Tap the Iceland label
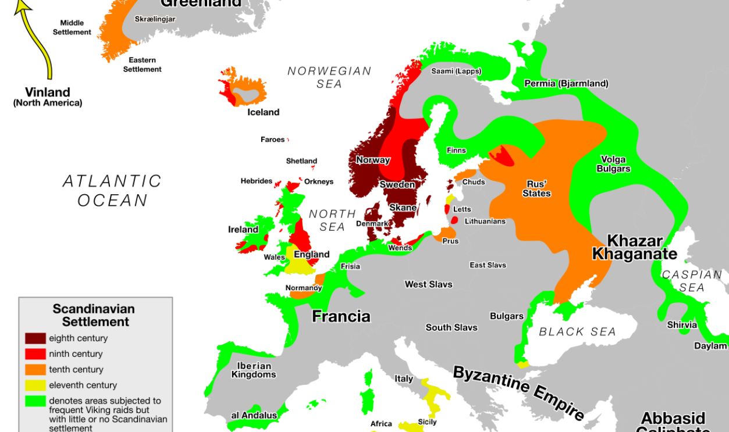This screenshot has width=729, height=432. pyautogui.click(x=263, y=112)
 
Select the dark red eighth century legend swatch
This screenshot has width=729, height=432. pyautogui.click(x=35, y=338)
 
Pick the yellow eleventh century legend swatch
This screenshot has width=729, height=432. pyautogui.click(x=35, y=385)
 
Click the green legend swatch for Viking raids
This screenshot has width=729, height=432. pyautogui.click(x=35, y=401)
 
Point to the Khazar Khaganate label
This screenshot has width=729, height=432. pyautogui.click(x=634, y=248)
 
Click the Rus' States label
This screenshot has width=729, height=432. pyautogui.click(x=536, y=188)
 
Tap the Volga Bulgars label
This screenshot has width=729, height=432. pyautogui.click(x=613, y=164)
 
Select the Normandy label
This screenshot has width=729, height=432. pyautogui.click(x=303, y=288)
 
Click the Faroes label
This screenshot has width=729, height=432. pyautogui.click(x=272, y=140)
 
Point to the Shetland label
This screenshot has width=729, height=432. pyautogui.click(x=301, y=161)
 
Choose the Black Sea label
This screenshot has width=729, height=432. pyautogui.click(x=577, y=331)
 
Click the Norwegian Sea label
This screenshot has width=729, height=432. pyautogui.click(x=329, y=77)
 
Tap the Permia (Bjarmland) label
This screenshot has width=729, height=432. pyautogui.click(x=566, y=84)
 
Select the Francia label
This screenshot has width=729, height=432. pyautogui.click(x=341, y=316)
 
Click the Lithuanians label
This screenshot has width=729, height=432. pyautogui.click(x=485, y=222)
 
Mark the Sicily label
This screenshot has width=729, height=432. pyautogui.click(x=427, y=422)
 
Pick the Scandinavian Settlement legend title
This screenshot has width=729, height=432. pyautogui.click(x=94, y=315)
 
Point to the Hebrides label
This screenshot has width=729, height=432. pyautogui.click(x=256, y=181)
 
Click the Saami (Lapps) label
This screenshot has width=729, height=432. pyautogui.click(x=456, y=72)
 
